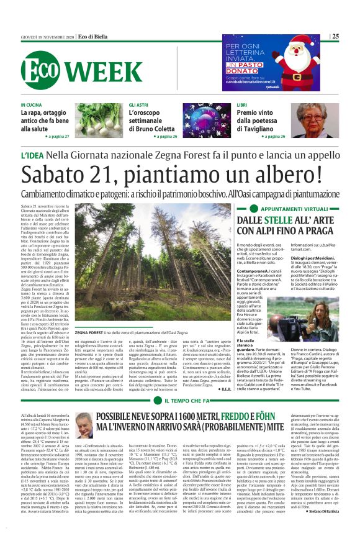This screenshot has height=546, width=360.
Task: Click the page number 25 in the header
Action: coord(335,37)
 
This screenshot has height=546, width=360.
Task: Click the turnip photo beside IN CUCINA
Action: coord(99,120)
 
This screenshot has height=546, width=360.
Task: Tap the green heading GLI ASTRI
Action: coord(139,106)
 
